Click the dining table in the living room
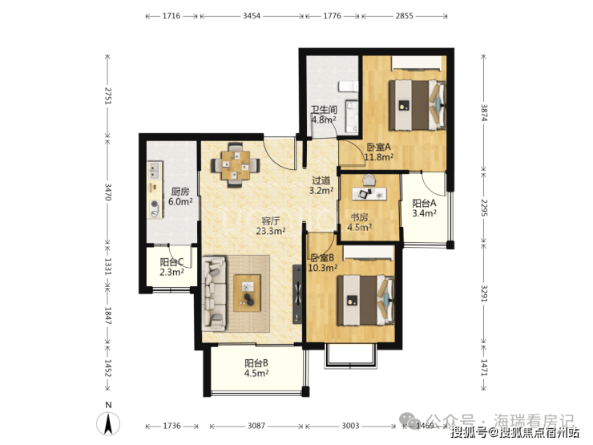[x=236, y=165]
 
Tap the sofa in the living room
[x=215, y=293]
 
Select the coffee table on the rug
[x=247, y=293]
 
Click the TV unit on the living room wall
[x=297, y=293]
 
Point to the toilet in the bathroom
[x=348, y=87]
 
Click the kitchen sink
[x=155, y=170]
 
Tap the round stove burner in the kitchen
[x=155, y=204]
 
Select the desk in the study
[x=369, y=194]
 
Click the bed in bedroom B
[x=365, y=300]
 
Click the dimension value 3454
[x=252, y=16]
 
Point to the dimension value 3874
[x=484, y=112]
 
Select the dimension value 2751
[x=108, y=95]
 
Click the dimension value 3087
[x=256, y=426]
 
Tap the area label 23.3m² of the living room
[x=271, y=231]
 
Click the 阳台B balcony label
[x=256, y=363]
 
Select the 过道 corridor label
[x=321, y=180]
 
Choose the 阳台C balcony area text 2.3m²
[x=172, y=272]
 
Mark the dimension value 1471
[x=484, y=367]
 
